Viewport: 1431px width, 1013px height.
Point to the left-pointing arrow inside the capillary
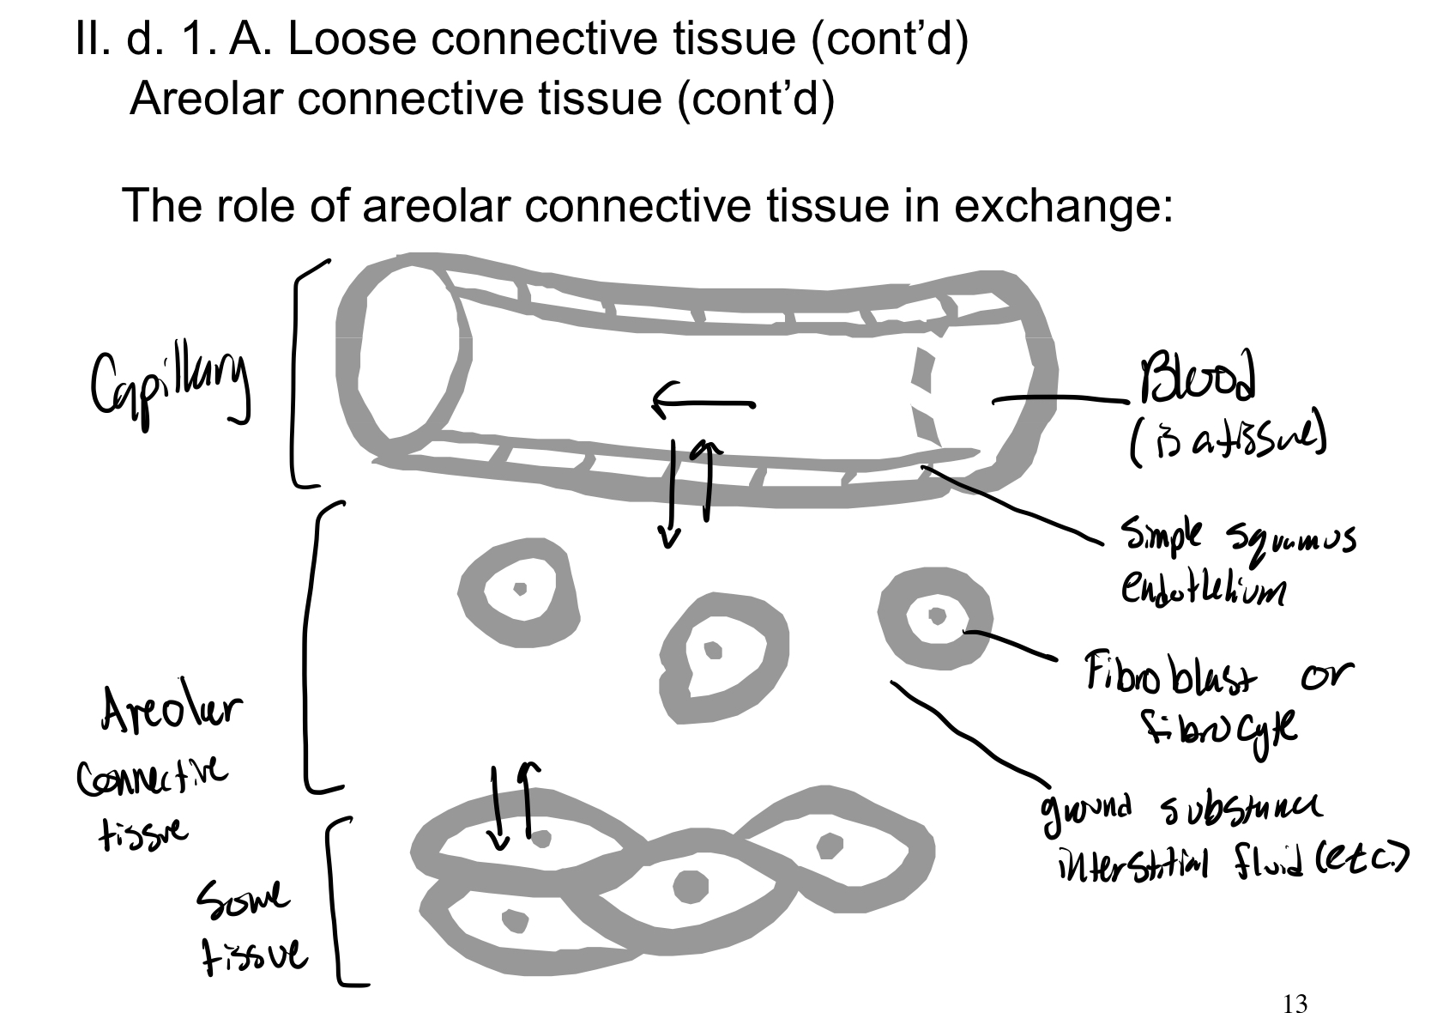pos(703,402)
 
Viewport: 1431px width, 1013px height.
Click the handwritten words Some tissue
pos(249,931)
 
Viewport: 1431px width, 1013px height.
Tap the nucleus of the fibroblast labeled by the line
pos(938,616)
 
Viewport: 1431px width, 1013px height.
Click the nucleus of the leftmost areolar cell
pos(519,589)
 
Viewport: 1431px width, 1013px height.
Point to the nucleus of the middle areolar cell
pos(712,651)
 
